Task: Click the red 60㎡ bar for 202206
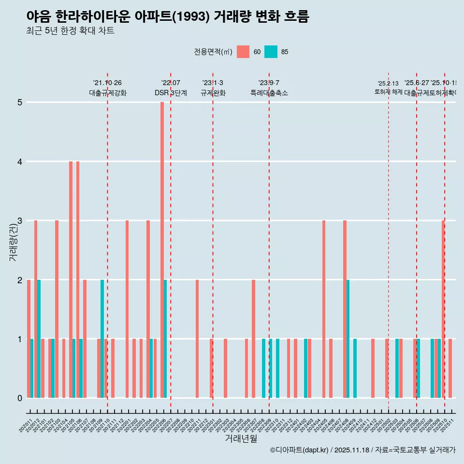click(162, 250)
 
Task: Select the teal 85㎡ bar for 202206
click(165, 338)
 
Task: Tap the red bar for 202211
click(197, 338)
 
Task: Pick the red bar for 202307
click(253, 338)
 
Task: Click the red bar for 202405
click(324, 309)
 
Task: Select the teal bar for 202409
click(355, 368)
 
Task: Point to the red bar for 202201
click(127, 309)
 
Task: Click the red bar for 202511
click(450, 368)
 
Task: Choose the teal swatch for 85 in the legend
click(271, 52)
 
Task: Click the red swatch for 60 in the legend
click(243, 52)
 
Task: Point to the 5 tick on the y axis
click(20, 102)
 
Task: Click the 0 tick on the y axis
click(20, 398)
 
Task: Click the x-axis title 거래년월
click(241, 438)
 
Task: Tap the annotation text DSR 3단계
click(171, 93)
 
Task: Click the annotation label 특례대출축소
click(269, 93)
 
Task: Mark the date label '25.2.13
click(388, 84)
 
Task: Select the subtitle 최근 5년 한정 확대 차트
click(70, 31)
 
